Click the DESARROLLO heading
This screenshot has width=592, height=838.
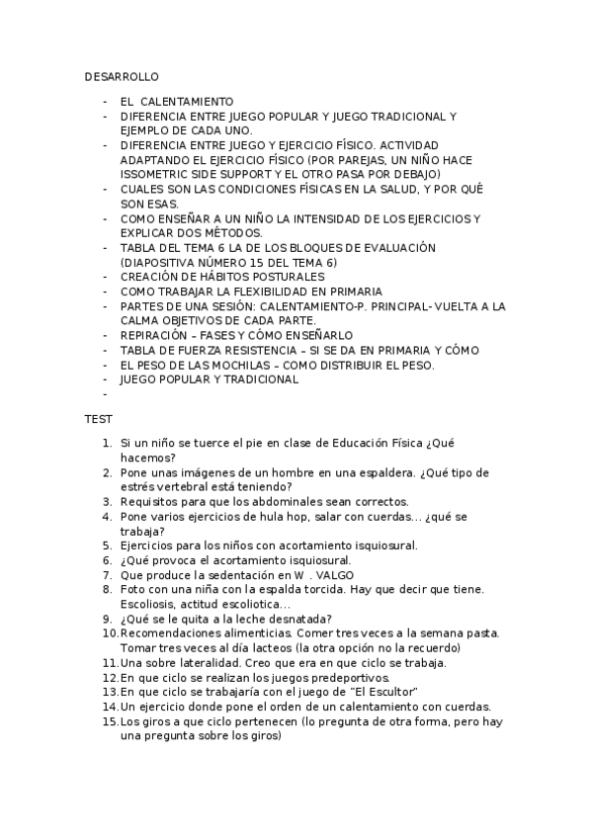122,76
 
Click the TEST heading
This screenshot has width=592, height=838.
98,420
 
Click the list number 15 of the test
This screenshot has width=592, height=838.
110,721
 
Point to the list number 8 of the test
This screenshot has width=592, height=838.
109,589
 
